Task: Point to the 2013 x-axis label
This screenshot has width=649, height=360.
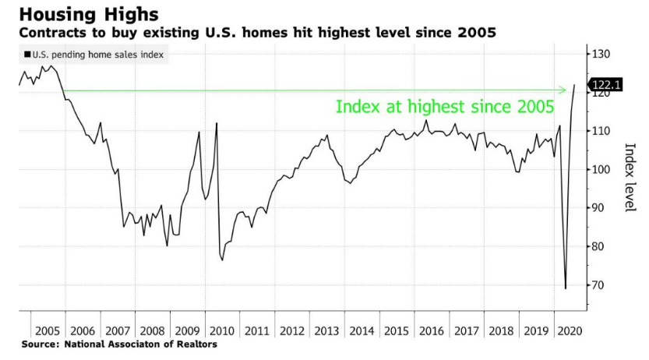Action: coord(326,330)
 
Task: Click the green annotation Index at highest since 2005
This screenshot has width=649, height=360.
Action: coord(445,107)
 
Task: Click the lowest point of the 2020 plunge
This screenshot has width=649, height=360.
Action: coord(565,288)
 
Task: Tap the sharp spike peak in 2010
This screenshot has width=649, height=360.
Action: coord(216,123)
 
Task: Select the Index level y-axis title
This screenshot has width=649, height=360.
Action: coord(630,177)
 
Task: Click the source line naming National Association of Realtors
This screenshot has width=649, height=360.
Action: coord(119,344)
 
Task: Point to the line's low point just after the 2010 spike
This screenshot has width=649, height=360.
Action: coord(222,259)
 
